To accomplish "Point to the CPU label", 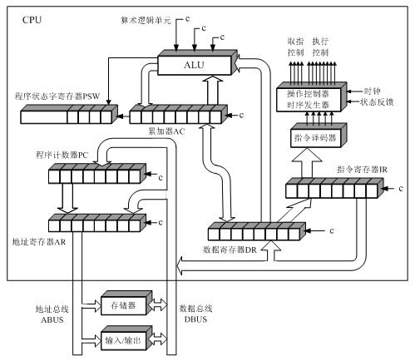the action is click(x=32, y=20).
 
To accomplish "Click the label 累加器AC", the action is click(x=166, y=131).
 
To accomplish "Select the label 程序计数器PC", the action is click(x=62, y=155).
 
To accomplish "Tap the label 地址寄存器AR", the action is click(x=39, y=242).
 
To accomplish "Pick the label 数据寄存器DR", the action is click(x=230, y=250).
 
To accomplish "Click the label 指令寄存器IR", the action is click(x=362, y=169).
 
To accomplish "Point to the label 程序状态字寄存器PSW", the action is click(x=57, y=96).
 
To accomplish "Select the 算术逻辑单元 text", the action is click(x=146, y=20).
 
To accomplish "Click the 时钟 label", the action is click(x=372, y=91).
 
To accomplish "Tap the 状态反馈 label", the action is click(x=377, y=102).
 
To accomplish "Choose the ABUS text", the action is click(x=52, y=319).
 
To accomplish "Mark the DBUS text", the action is click(x=195, y=319).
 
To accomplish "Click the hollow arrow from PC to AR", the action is click(x=67, y=198).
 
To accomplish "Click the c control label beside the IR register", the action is click(x=401, y=189).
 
